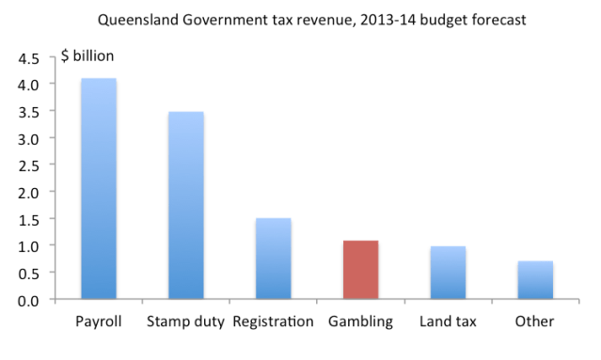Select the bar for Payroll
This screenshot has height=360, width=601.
coord(99,189)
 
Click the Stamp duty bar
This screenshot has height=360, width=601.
coord(185,206)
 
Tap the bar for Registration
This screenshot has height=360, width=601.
coord(273,258)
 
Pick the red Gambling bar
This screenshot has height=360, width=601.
coord(360,270)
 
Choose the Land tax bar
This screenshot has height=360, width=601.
coord(448,273)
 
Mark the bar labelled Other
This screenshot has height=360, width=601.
coord(534,280)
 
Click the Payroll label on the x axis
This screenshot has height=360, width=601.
coord(99,322)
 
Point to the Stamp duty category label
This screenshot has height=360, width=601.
coord(185,322)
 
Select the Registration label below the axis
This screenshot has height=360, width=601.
coord(273,322)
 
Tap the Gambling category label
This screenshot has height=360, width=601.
coord(360,322)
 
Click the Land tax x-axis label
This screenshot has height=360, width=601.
coord(448,322)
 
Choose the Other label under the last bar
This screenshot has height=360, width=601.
coord(534,322)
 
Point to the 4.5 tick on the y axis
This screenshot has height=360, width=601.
coord(30,57)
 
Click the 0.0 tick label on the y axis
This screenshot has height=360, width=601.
coord(30,300)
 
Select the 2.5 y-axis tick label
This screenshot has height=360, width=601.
coord(30,165)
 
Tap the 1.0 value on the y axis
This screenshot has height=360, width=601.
coord(30,246)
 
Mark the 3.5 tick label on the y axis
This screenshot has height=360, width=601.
coord(30,112)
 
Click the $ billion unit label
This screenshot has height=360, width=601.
coord(87,56)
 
